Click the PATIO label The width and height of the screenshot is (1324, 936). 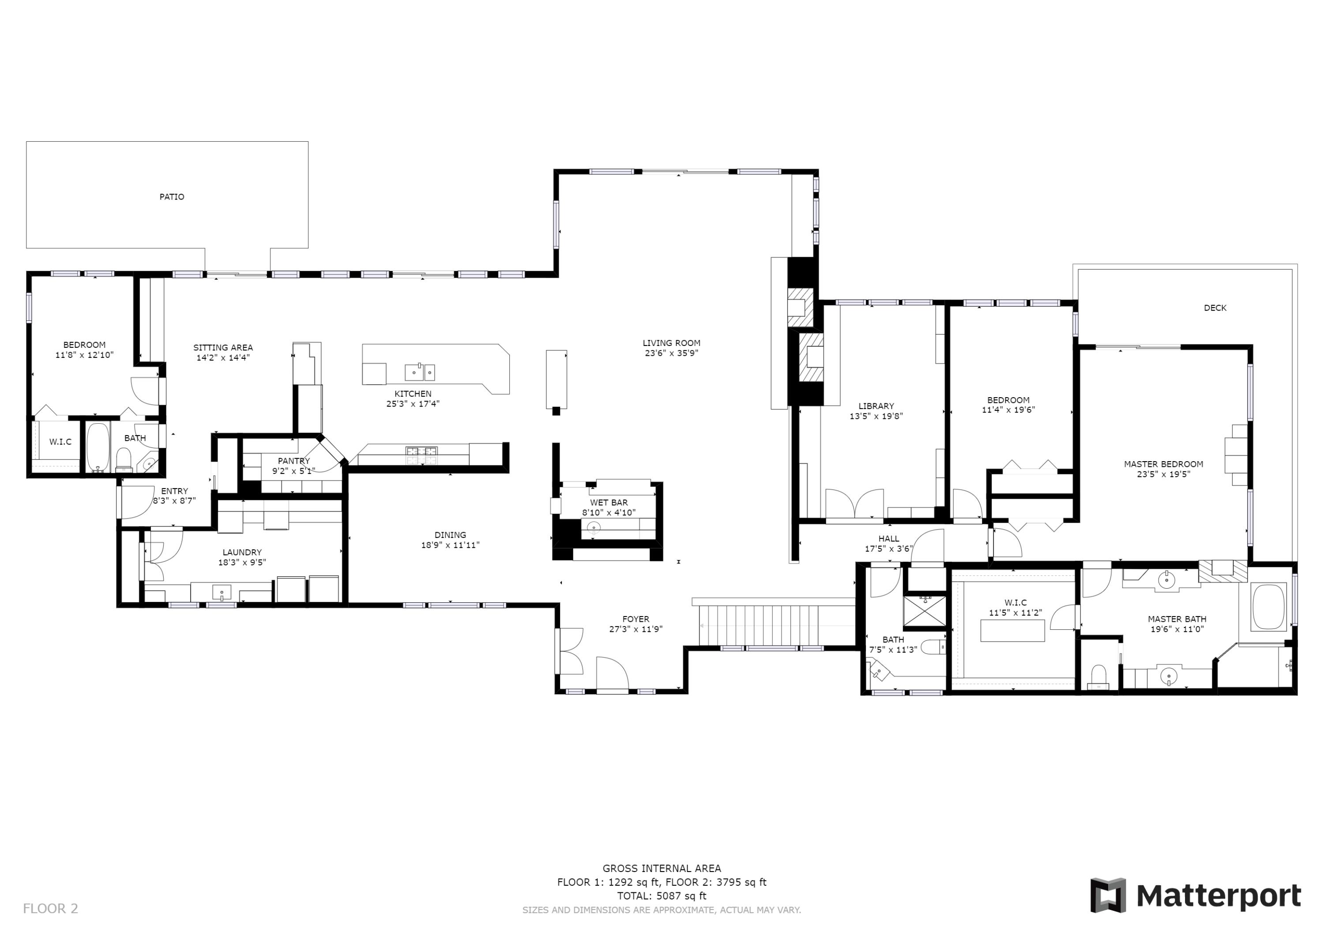tap(172, 197)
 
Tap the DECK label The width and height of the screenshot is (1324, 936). tap(1215, 308)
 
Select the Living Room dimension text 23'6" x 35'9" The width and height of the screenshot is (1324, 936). tap(671, 353)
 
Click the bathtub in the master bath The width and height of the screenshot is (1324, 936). tap(1269, 607)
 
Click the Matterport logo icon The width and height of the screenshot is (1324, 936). tap(1108, 895)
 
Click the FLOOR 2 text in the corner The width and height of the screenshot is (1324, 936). tap(50, 908)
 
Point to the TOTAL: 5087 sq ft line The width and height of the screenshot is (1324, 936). tap(662, 896)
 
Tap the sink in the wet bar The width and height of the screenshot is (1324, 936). tap(594, 527)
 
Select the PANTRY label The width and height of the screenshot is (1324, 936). tap(293, 461)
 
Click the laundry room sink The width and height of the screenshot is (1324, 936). tap(222, 592)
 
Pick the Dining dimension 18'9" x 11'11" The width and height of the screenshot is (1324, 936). tap(450, 545)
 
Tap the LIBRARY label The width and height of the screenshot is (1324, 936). tap(876, 406)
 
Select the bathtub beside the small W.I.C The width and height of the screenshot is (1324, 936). tap(98, 447)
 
